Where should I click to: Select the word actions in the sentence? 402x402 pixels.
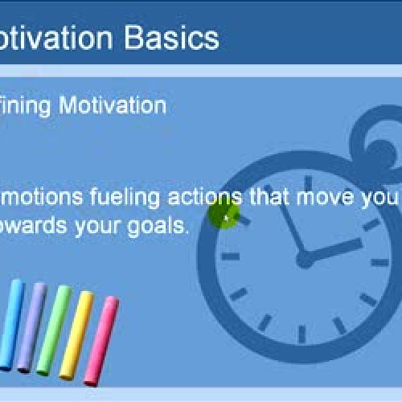pyautogui.click(x=201, y=197)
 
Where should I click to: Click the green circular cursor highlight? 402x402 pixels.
pyautogui.click(x=224, y=215)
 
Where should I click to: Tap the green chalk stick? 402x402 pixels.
pyautogui.click(x=55, y=330)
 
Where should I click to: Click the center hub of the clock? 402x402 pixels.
pyautogui.click(x=305, y=259)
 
